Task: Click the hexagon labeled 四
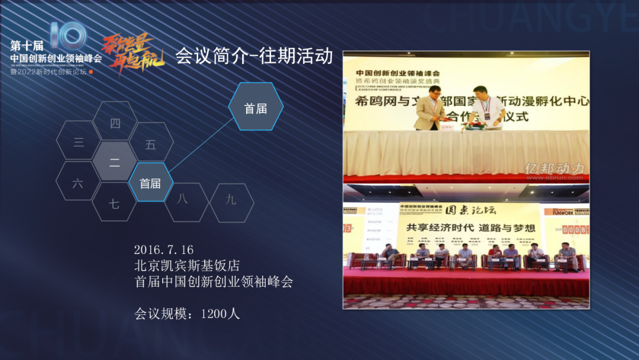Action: coord(115,123)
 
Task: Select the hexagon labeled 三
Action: coord(79,142)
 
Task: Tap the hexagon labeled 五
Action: coord(151,144)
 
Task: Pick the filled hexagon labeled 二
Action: coord(115,162)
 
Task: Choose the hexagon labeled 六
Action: coord(78,183)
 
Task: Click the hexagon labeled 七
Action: coord(114,204)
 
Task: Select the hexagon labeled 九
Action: coord(231,200)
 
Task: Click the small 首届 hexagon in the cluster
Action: coord(150,183)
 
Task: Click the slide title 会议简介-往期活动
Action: coord(254,57)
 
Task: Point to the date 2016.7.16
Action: coord(164,249)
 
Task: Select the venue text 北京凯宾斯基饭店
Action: coord(187,265)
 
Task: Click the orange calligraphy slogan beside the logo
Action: coord(128,53)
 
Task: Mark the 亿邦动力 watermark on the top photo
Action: coord(554,169)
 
